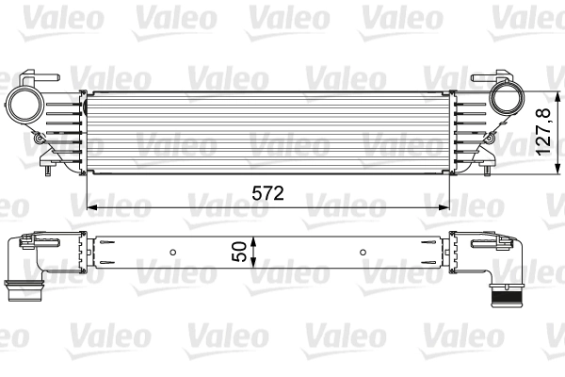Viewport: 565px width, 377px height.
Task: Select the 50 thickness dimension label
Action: point(240,252)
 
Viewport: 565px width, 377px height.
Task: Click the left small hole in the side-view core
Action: point(173,253)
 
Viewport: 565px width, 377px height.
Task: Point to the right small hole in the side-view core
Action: point(364,253)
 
